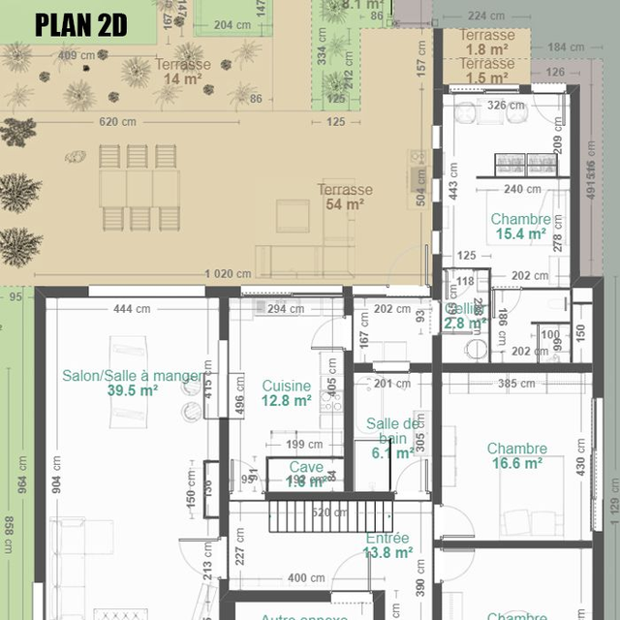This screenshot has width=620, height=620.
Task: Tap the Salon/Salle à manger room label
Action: [x=134, y=383]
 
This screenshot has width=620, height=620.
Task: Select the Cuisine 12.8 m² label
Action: [x=287, y=392]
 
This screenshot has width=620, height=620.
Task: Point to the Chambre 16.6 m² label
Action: [x=516, y=455]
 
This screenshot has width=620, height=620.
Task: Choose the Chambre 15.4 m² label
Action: [x=520, y=227]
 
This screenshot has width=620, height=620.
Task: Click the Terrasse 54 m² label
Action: [x=345, y=197]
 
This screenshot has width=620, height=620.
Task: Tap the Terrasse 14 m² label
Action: [x=182, y=72]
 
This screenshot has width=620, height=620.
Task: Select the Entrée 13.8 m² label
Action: [x=387, y=545]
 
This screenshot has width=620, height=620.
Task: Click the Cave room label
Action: [x=306, y=474]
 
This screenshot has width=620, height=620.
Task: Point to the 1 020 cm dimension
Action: [x=228, y=274]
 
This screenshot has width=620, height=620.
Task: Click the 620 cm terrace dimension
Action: [x=116, y=122]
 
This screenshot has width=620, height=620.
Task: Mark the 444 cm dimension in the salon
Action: [x=131, y=309]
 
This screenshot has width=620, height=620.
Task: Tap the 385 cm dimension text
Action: [x=517, y=384]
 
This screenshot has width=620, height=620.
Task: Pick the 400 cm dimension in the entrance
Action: [x=306, y=578]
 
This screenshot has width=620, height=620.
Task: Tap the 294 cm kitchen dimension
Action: [x=286, y=310]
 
